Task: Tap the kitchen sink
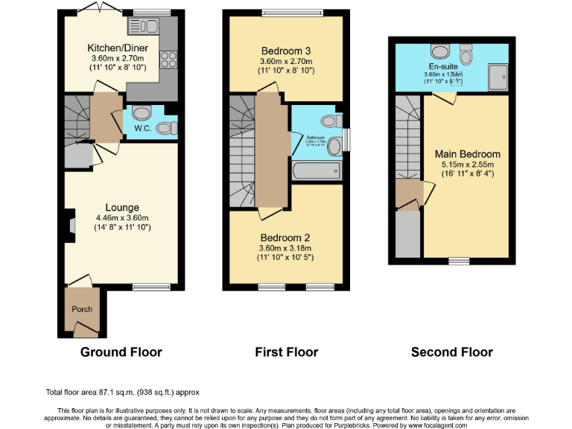click(x=145, y=27)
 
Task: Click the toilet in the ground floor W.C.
click(x=141, y=113)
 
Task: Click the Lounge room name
click(x=121, y=207)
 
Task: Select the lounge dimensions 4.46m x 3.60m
click(x=121, y=217)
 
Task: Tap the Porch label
click(x=81, y=309)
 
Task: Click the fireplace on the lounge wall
click(x=69, y=225)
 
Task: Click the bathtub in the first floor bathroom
click(x=317, y=171)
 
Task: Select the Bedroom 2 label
click(x=285, y=238)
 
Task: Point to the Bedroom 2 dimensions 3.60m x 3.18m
click(x=285, y=249)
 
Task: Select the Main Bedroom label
click(x=467, y=154)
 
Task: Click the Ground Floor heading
click(x=121, y=352)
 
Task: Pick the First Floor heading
click(x=286, y=352)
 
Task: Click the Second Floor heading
click(x=451, y=352)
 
